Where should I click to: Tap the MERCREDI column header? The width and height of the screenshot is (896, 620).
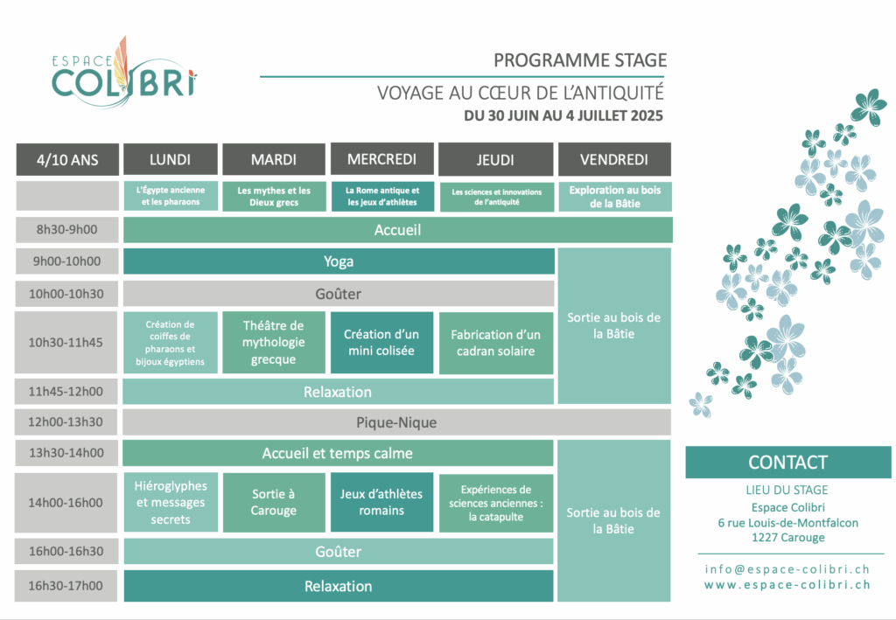382,158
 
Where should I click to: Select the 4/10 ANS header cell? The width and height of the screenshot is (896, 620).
67,159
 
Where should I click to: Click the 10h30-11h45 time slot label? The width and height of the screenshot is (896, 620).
66,343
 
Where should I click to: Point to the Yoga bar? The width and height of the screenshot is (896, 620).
339,261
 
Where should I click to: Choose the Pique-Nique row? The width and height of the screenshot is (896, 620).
396,422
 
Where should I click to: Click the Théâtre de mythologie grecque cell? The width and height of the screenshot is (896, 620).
274,343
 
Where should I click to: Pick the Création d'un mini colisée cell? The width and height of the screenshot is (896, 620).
381,343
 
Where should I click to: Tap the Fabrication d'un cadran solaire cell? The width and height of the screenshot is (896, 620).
496,343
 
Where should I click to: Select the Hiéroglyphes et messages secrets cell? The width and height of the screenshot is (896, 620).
171,503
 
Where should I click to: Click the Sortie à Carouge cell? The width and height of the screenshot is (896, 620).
274,503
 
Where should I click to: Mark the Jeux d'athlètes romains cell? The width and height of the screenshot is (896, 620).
381,503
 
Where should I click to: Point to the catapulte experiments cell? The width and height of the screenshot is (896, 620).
496,503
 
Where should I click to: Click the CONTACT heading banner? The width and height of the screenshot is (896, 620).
788,463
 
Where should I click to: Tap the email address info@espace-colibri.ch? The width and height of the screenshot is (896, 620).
787,569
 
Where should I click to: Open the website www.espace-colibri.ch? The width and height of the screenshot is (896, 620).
787,585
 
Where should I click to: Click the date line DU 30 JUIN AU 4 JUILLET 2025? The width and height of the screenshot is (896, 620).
563,116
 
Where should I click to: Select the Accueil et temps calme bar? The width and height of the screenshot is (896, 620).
339,453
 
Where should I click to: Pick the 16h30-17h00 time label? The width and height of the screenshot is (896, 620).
66,586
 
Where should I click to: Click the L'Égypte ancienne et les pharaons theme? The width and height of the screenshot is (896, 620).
171,196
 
